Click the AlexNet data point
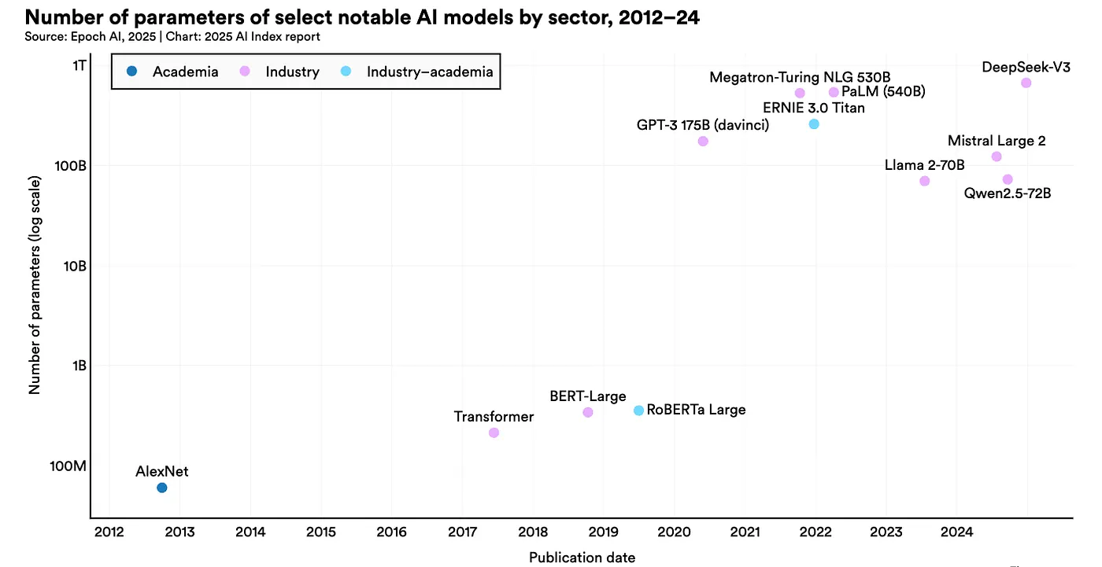(162, 488)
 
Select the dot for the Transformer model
(494, 433)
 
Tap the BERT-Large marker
(588, 412)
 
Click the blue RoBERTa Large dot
(639, 411)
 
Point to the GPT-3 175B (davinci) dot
(703, 142)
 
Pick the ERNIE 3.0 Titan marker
(814, 124)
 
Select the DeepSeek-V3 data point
(1026, 83)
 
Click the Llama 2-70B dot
(925, 181)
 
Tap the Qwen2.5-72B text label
(1008, 193)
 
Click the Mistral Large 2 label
(997, 142)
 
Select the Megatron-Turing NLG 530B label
(800, 77)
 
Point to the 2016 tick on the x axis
(391, 532)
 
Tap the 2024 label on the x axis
(956, 532)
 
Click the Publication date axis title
(582, 558)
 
